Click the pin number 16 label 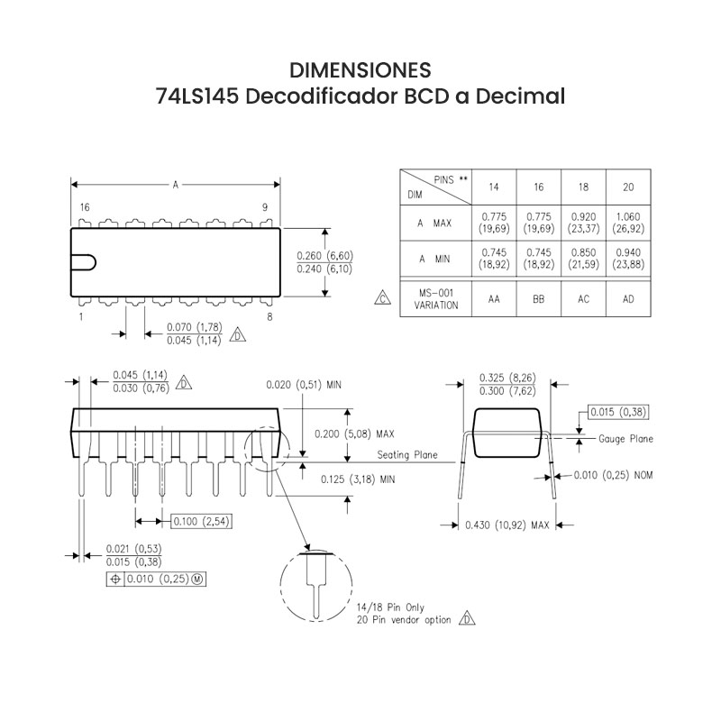pos(84,207)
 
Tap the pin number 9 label pos(265,207)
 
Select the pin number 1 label pos(81,317)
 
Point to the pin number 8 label pos(270,317)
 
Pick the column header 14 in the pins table pos(494,187)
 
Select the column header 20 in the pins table pos(628,187)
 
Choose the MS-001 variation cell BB pos(539,298)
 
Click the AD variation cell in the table pos(628,298)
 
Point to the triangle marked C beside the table pos(382,298)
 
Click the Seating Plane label pos(407,455)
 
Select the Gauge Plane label pos(626,439)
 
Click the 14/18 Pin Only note pos(390,607)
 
